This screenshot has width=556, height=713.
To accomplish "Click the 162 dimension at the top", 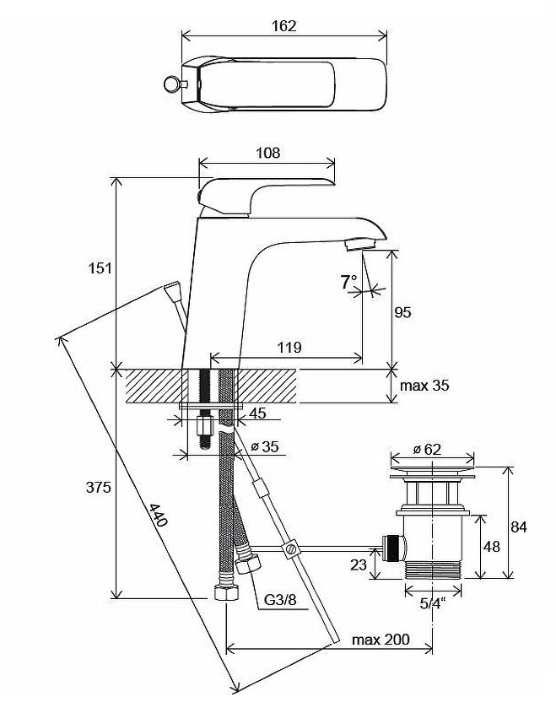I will (x=284, y=25).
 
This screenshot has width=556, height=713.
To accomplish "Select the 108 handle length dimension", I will (x=267, y=153).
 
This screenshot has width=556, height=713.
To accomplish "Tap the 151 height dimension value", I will (x=100, y=268).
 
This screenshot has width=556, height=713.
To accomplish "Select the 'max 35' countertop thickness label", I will (x=424, y=386).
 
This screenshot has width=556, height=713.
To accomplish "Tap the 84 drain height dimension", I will (x=519, y=527).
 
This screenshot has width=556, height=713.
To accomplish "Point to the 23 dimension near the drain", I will (x=359, y=564).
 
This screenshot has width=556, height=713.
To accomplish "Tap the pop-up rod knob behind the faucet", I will (x=172, y=292).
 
